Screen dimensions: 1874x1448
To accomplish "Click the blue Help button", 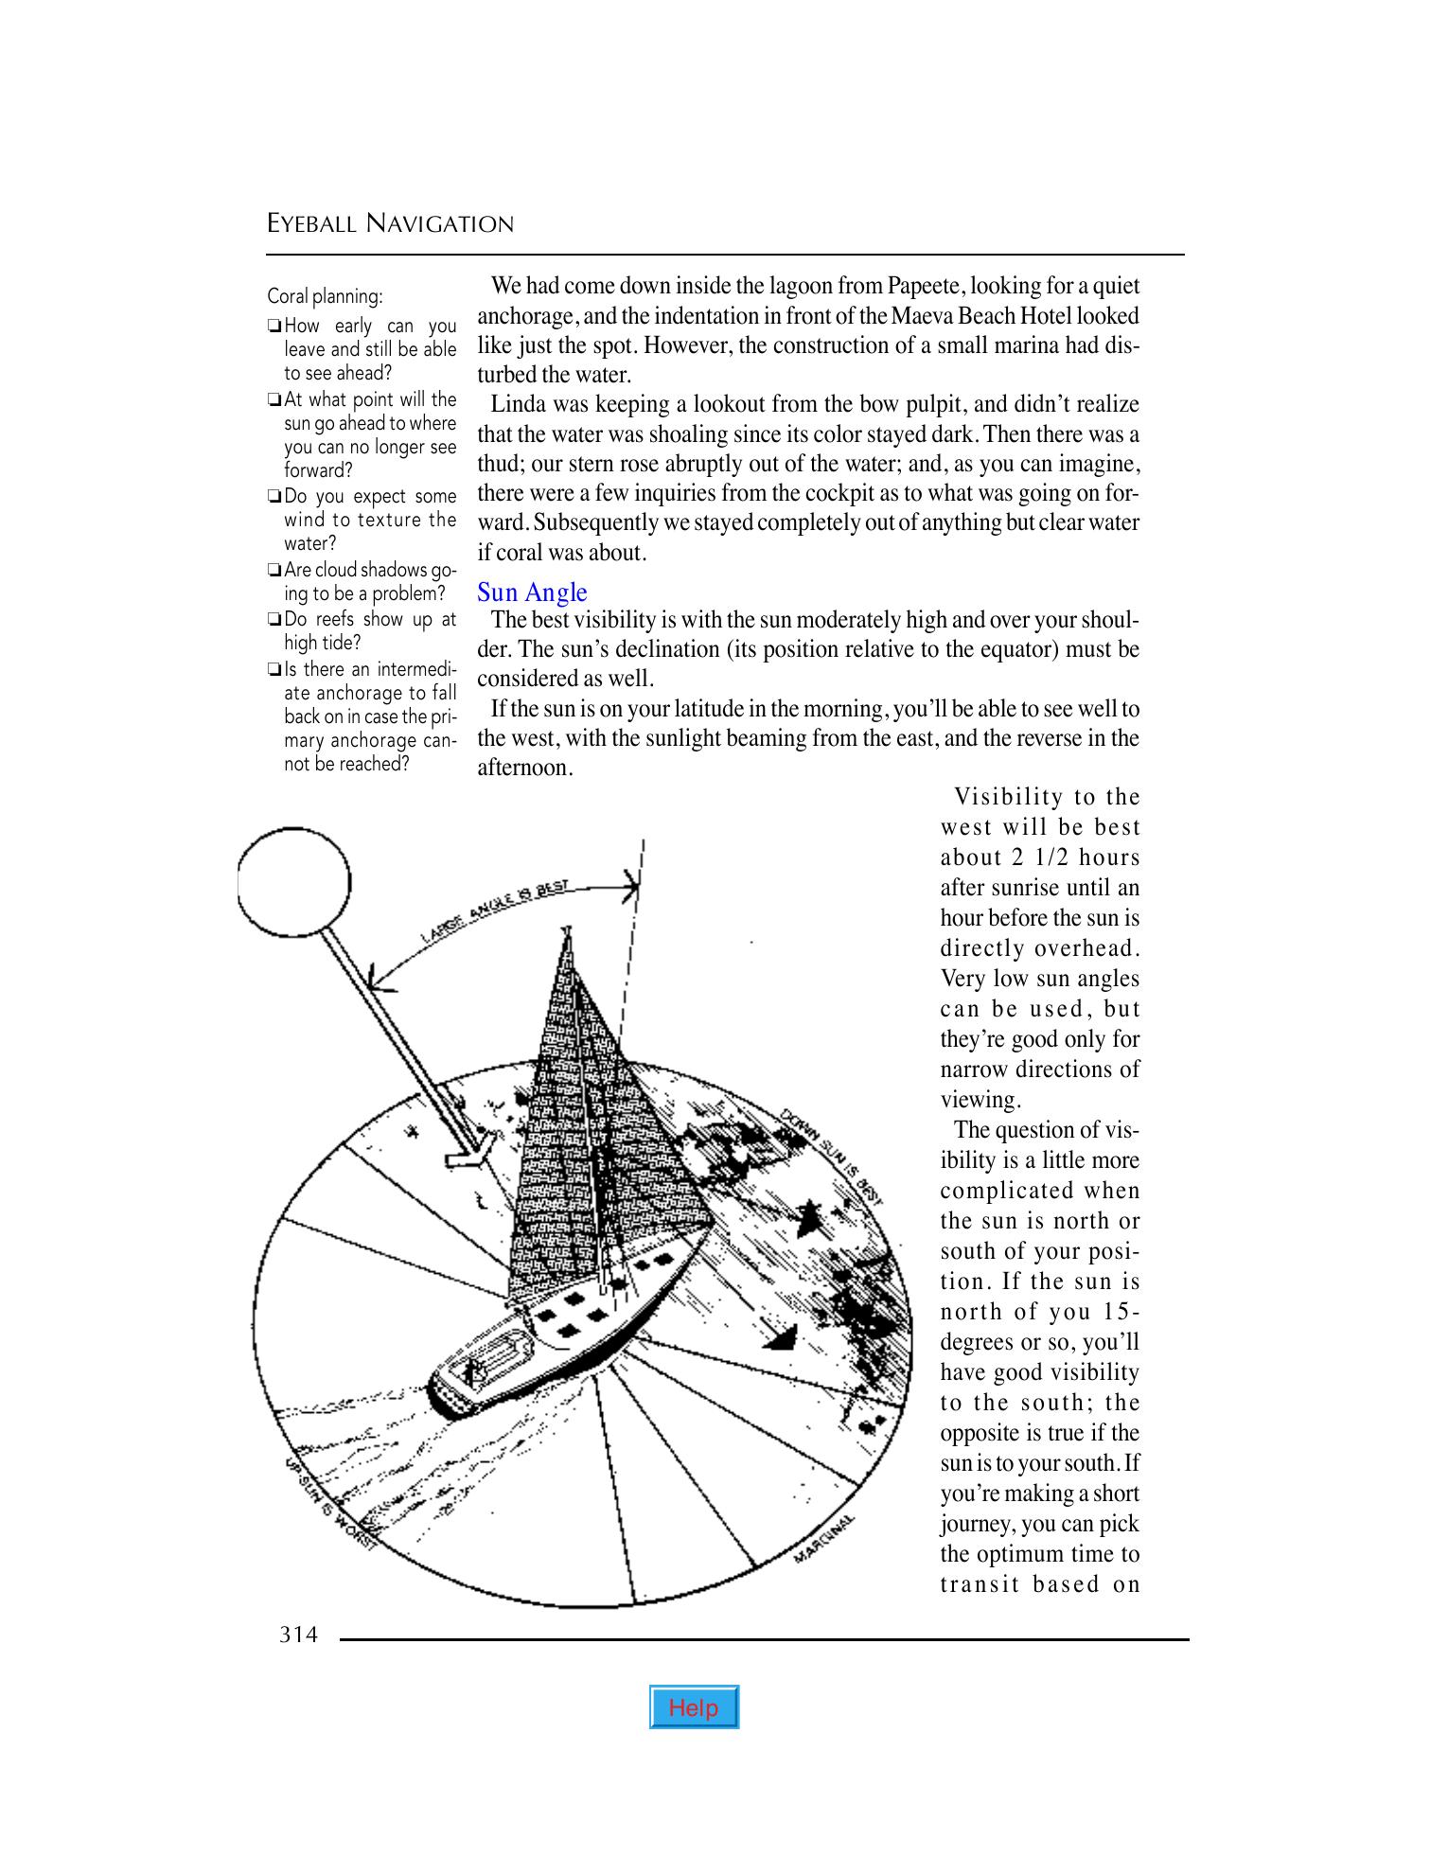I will coord(694,1707).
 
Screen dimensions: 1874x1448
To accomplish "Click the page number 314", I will coord(298,1635).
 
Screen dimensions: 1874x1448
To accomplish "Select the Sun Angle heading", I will coord(532,592).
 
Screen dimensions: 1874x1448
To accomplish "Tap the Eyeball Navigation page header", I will coord(390,224).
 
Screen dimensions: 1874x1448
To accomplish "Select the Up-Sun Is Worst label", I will coord(330,1505).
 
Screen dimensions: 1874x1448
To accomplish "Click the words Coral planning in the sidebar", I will coord(325,296).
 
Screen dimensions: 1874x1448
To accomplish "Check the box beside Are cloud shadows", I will coord(274,571).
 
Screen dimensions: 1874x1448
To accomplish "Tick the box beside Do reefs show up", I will coord(274,621).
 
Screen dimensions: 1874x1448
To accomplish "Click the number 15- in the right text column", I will coord(1121,1312).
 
